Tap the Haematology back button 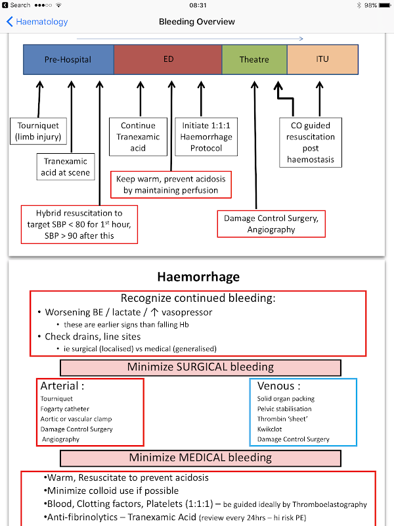click(37, 22)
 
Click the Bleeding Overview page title click(197, 22)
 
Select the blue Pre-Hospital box click(68, 59)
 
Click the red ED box click(168, 59)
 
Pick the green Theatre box click(254, 59)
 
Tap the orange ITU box click(322, 59)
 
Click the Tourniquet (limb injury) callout click(38, 131)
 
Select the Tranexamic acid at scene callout click(65, 167)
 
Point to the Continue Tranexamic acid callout click(139, 137)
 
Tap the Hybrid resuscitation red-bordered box click(79, 224)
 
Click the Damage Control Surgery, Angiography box click(272, 224)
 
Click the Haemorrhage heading click(197, 277)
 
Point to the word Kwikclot click(269, 429)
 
